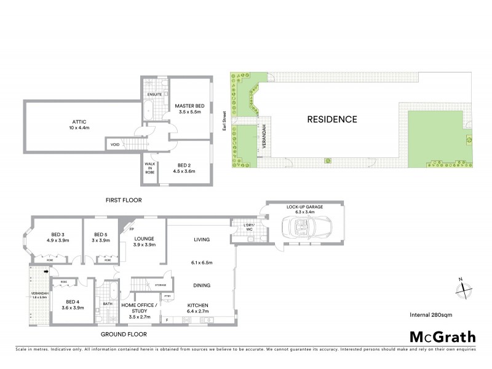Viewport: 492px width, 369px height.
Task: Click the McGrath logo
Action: [443, 336]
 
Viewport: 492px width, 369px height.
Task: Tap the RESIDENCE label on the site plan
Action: [331, 119]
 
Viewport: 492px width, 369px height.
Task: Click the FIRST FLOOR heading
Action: [124, 200]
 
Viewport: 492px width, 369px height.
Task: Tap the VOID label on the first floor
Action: [115, 145]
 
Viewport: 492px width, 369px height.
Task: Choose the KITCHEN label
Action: [198, 305]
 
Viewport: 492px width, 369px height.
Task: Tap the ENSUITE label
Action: [154, 94]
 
